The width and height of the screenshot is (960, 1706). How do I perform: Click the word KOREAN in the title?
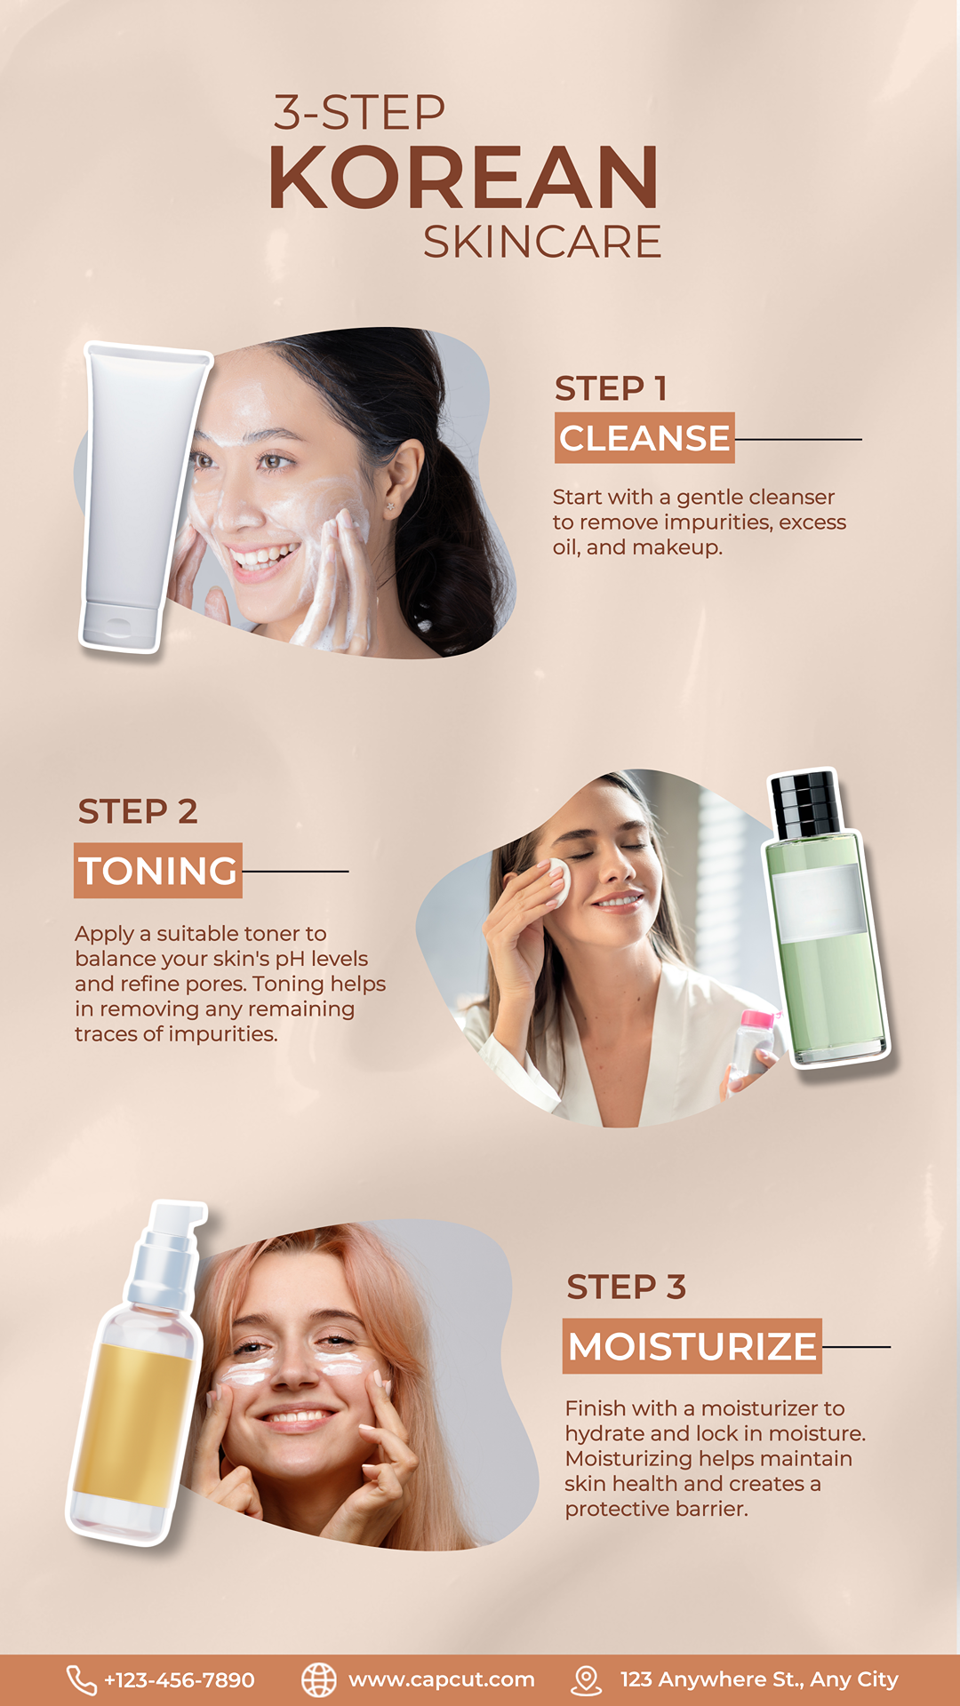(x=463, y=177)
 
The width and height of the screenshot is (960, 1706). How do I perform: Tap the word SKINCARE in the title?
(x=542, y=242)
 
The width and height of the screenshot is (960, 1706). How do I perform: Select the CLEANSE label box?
(x=644, y=438)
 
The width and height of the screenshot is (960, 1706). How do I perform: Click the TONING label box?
(x=158, y=871)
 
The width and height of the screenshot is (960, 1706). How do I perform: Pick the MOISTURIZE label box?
(x=692, y=1346)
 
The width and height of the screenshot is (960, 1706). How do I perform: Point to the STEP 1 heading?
(x=611, y=388)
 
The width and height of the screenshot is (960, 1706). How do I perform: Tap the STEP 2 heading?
(x=138, y=811)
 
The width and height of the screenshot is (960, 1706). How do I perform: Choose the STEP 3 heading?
(x=627, y=1287)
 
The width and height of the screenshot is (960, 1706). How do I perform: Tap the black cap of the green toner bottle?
(x=804, y=805)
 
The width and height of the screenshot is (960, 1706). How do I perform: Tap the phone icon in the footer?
(x=82, y=1680)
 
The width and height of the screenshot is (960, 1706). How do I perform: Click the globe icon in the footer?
(x=319, y=1680)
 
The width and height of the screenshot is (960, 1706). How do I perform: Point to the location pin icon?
(x=586, y=1680)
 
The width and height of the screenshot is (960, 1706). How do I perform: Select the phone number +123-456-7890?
(x=180, y=1680)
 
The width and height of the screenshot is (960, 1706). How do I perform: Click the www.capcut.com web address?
(x=442, y=1680)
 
